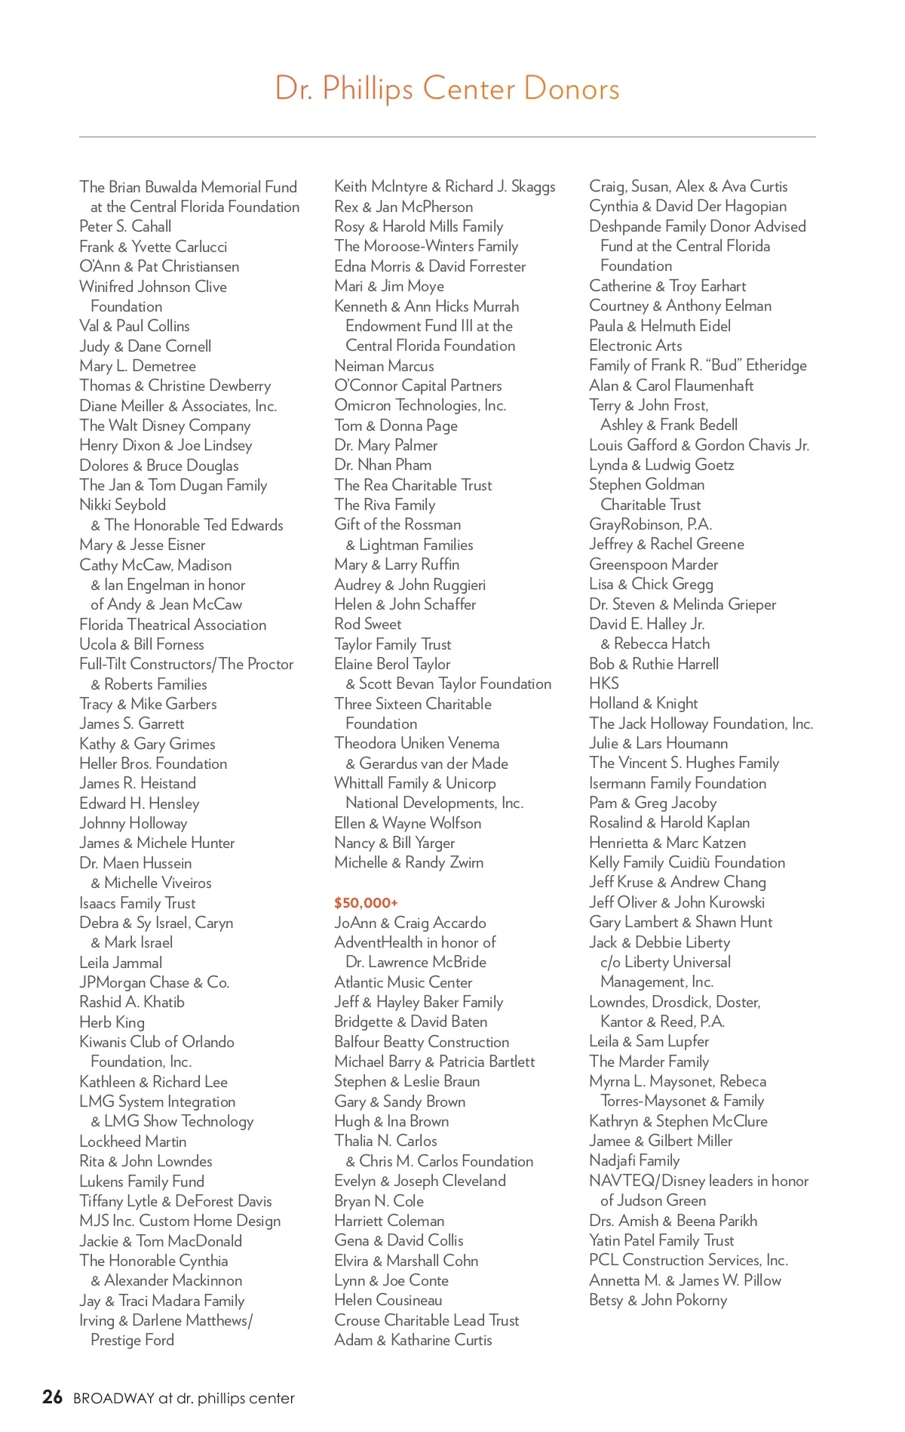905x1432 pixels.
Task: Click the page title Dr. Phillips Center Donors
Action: [447, 88]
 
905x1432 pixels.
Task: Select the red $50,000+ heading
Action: [366, 902]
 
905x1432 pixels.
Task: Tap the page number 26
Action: [52, 1397]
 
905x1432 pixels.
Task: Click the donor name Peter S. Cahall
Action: [125, 226]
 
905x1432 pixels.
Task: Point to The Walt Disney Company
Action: [164, 426]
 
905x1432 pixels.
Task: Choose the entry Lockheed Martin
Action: [133, 1142]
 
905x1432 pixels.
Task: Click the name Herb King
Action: [112, 1022]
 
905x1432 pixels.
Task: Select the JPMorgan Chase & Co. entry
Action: [154, 982]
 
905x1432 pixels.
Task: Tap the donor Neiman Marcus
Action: [384, 366]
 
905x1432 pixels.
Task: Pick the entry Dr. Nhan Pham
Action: [382, 465]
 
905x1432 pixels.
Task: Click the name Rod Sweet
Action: [367, 624]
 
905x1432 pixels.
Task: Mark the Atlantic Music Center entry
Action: [403, 982]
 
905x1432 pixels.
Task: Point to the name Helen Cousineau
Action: [388, 1300]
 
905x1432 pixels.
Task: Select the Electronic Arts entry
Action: [635, 346]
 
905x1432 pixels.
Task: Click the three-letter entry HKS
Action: [603, 684]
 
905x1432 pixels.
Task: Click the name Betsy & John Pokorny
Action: [658, 1300]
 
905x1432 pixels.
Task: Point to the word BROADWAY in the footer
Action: [114, 1398]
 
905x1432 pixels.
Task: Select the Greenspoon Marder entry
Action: [653, 564]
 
